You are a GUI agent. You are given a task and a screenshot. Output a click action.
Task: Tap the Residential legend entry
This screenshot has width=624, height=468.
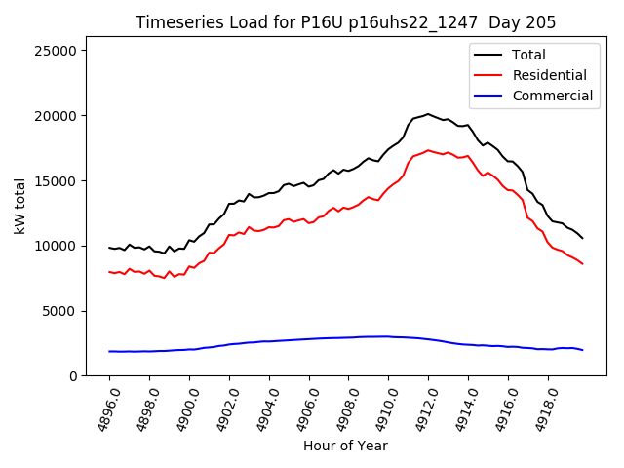click(549, 75)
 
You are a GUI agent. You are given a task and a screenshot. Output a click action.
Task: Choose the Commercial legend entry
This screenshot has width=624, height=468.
click(552, 96)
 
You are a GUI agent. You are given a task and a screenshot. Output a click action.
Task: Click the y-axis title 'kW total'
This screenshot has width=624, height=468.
click(20, 206)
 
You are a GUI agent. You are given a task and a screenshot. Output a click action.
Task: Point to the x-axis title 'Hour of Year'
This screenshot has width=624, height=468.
click(345, 446)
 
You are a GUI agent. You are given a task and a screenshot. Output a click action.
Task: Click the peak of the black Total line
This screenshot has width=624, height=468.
click(427, 114)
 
